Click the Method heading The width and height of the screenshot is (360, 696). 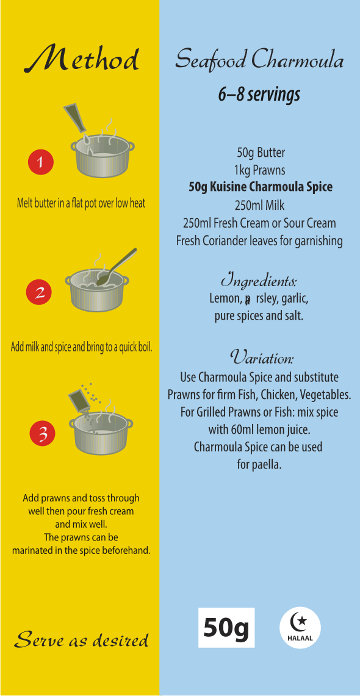(x=81, y=59)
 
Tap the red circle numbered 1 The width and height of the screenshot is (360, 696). (x=40, y=162)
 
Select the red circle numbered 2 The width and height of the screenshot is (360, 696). (x=39, y=293)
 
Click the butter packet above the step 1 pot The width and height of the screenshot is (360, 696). (x=76, y=118)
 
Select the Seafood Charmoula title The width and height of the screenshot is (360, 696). (x=259, y=60)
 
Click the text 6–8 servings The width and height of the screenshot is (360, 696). (x=259, y=95)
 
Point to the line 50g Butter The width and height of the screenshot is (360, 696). (x=261, y=153)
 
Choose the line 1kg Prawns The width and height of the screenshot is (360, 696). (x=260, y=170)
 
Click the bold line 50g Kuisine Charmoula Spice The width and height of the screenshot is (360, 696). (x=260, y=187)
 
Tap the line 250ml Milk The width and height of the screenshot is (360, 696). (x=260, y=206)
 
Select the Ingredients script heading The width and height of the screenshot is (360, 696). (x=259, y=282)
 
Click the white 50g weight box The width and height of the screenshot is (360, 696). (x=226, y=628)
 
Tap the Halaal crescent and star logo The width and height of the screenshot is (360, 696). (x=300, y=628)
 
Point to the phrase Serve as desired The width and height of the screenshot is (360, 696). (x=82, y=640)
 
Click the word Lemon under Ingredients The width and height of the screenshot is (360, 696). (x=224, y=299)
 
